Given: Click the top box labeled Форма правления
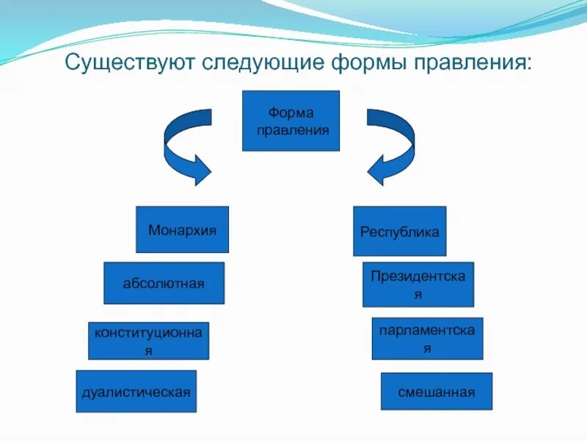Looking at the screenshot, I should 291,121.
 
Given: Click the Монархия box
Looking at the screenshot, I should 182,229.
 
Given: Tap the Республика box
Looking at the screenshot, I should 399,232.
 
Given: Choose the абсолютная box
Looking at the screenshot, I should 164,283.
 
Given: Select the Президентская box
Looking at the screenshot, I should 418,284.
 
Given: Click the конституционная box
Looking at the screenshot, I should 148,340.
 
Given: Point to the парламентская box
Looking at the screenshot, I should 427,338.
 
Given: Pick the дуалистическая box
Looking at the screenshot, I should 136,391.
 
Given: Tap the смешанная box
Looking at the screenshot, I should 437,391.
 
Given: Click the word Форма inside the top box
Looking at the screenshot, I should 291,113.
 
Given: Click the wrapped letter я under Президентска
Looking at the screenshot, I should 418,294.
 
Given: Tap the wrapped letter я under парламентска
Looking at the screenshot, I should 427,348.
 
